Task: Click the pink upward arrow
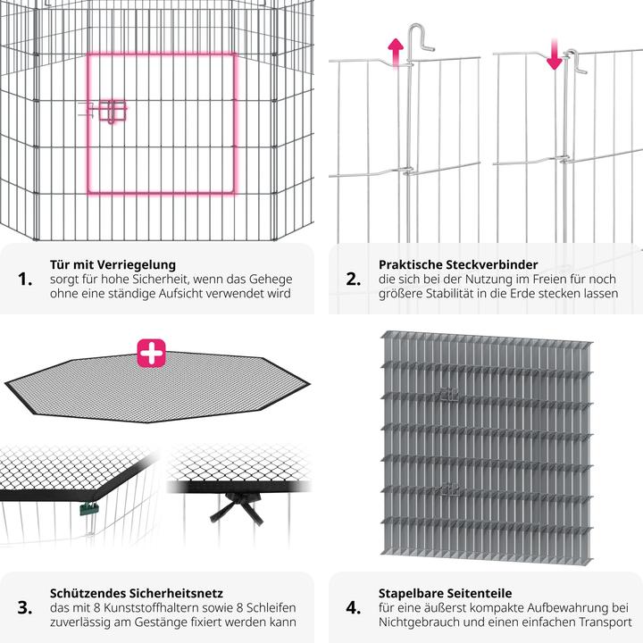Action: [396, 52]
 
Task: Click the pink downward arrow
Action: [555, 54]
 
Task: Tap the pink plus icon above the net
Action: [151, 353]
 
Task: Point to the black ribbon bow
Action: [237, 507]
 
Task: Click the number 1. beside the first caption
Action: [25, 280]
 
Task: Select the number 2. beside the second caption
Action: [354, 280]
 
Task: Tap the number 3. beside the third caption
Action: [25, 607]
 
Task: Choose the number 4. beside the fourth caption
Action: [354, 607]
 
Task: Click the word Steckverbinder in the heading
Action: [492, 264]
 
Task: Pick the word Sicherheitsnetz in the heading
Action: [176, 593]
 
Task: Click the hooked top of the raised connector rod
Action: [422, 37]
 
